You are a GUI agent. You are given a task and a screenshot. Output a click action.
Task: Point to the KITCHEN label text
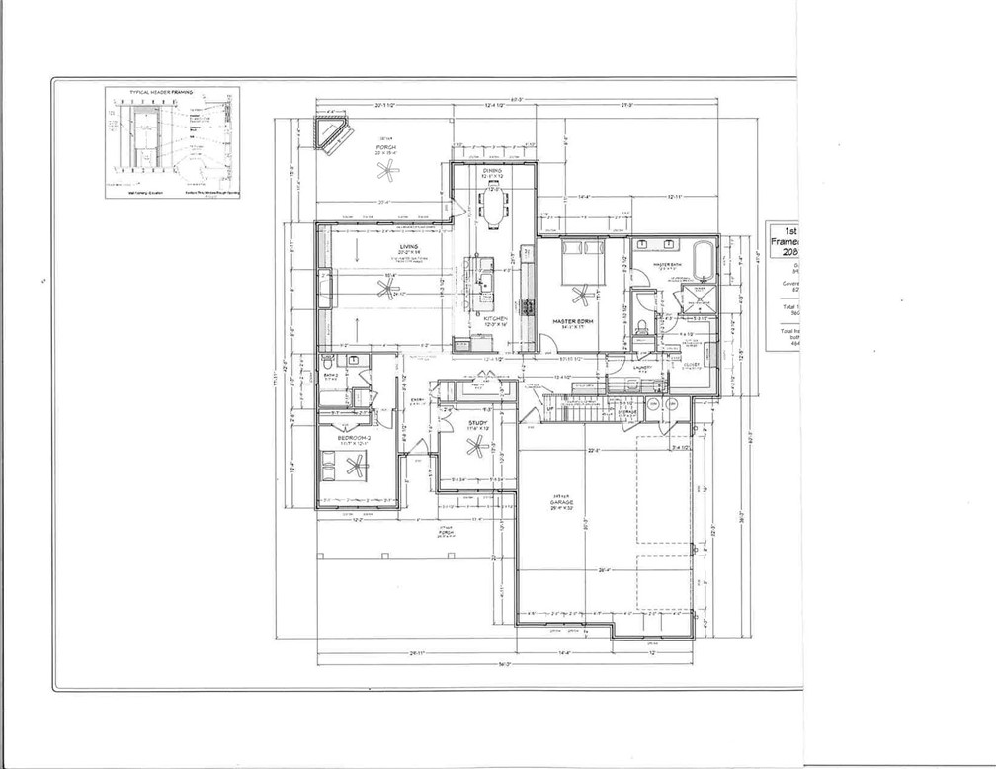496,318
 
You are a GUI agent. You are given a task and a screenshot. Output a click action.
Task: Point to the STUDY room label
477,422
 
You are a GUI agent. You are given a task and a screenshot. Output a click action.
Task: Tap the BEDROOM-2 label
353,437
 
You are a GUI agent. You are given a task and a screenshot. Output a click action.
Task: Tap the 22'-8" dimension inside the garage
595,453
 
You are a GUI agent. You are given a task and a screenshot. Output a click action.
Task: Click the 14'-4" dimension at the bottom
565,653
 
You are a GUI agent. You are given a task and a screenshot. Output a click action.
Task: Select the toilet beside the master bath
642,325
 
